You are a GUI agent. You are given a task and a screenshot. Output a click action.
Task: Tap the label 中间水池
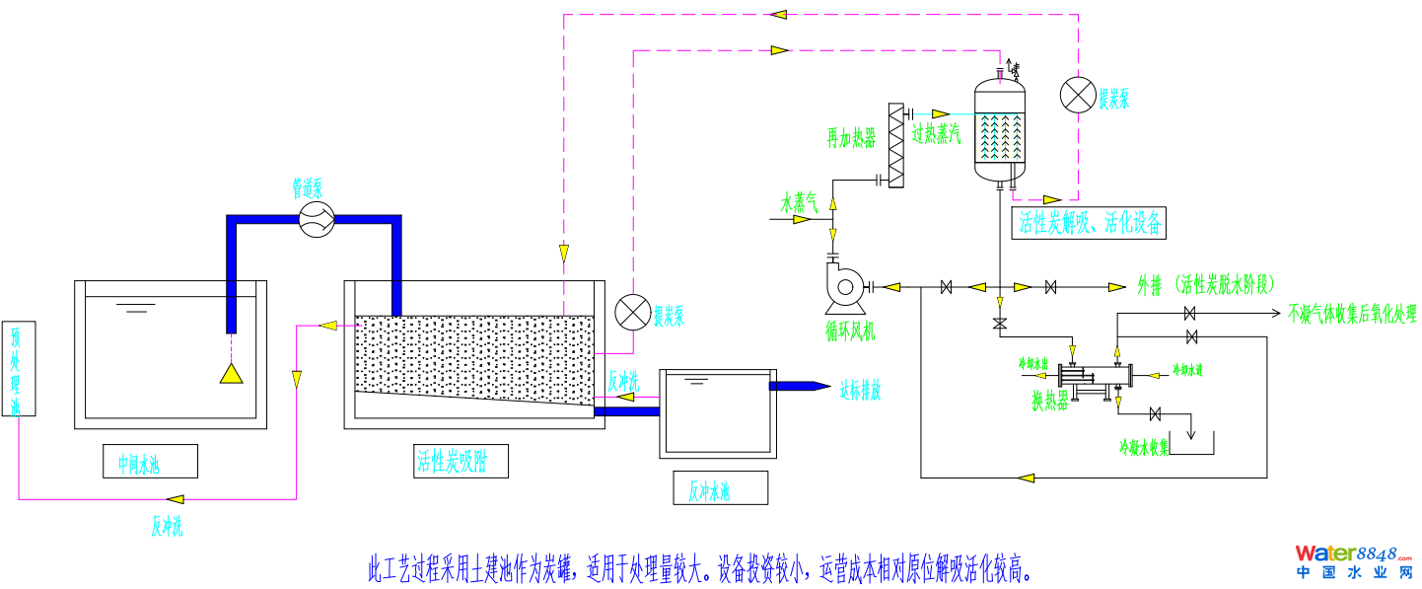(150, 461)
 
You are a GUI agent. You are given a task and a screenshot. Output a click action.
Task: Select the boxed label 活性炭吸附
(462, 461)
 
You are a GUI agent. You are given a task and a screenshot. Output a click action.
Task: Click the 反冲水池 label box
(720, 487)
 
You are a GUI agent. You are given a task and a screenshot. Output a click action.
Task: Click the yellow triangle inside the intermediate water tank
(231, 373)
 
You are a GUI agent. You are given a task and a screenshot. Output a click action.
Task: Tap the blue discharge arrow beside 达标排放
(800, 386)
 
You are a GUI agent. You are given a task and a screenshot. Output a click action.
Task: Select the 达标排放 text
(859, 391)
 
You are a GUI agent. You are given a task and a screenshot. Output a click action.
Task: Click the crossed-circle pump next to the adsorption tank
(631, 312)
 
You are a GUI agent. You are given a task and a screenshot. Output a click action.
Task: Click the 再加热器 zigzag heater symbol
(896, 145)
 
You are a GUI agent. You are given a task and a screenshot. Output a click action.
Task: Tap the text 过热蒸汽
(936, 135)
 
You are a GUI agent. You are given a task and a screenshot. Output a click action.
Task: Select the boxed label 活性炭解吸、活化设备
(1089, 222)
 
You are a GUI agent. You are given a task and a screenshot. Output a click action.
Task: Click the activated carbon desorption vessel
(1000, 128)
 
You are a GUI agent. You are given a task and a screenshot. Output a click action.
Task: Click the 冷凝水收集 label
(1144, 447)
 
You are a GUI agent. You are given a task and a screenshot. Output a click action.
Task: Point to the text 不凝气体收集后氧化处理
(1352, 314)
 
